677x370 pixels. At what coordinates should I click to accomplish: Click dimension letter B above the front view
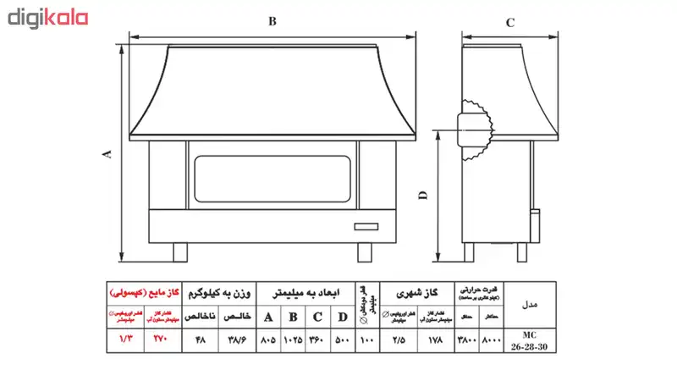tap(272, 24)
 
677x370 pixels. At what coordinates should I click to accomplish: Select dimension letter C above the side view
tap(510, 24)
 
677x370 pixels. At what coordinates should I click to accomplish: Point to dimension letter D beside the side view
tap(424, 196)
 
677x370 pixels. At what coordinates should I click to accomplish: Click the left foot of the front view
tap(180, 251)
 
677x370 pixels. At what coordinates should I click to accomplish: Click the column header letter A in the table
tap(269, 318)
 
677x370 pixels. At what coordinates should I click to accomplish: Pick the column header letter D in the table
tap(342, 318)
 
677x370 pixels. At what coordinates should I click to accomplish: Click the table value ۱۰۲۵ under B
tap(293, 340)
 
